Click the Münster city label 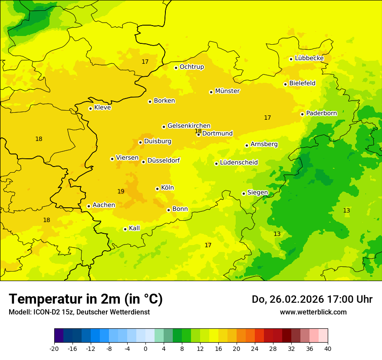(x=227, y=91)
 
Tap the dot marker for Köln (x=157, y=189)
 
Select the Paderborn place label (x=321, y=113)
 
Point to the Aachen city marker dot (x=89, y=206)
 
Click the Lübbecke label (x=309, y=58)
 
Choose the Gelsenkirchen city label (x=189, y=126)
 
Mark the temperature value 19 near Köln (x=121, y=191)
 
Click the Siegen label (x=257, y=193)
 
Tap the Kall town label (x=135, y=228)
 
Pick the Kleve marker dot (x=90, y=108)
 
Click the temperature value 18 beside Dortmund (x=198, y=131)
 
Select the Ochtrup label (x=191, y=67)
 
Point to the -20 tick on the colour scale (x=54, y=348)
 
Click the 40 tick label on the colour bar (x=327, y=348)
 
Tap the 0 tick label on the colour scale (x=145, y=348)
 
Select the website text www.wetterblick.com (x=313, y=312)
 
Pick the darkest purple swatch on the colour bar (x=59, y=336)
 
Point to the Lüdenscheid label (x=239, y=163)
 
